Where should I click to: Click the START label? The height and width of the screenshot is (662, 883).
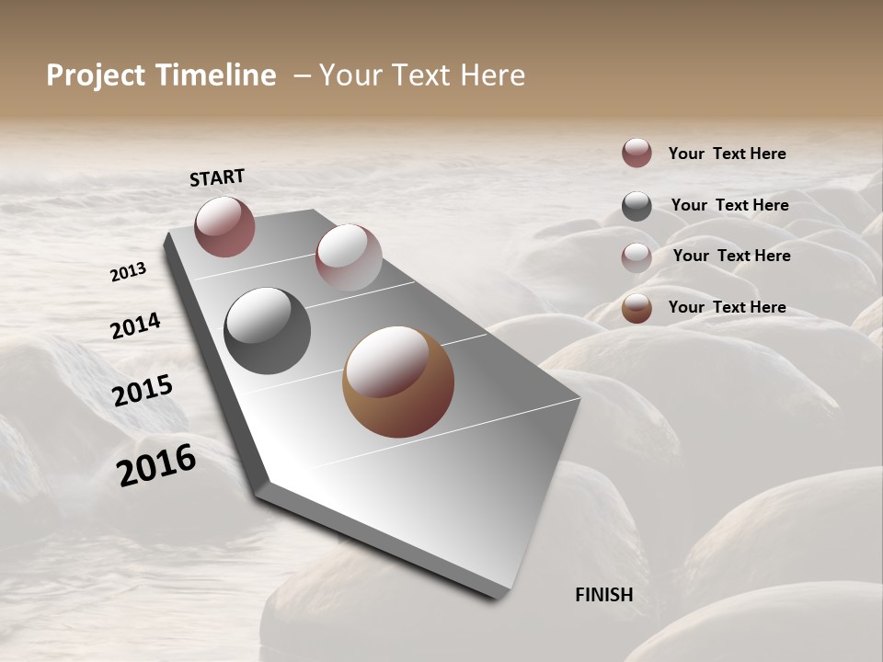217,177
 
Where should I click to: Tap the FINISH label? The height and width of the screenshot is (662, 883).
603,594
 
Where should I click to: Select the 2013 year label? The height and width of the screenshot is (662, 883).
129,271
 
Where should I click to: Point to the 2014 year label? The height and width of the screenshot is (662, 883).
136,325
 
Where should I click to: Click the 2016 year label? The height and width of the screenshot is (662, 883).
156,464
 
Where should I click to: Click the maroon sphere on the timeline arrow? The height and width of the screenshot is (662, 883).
224,226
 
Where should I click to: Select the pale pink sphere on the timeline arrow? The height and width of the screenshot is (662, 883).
349,257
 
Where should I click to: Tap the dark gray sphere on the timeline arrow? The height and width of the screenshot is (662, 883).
267,331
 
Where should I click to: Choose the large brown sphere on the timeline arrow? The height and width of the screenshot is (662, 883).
398,382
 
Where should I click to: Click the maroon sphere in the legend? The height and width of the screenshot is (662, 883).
636,153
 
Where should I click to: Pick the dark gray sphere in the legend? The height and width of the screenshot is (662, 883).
636,206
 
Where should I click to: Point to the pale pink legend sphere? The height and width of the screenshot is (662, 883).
636,257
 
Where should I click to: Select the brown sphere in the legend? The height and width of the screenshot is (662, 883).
636,308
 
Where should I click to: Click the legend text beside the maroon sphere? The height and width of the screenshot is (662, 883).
727,154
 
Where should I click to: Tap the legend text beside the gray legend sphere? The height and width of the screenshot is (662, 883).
729,205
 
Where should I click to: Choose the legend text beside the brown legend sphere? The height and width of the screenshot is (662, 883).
727,307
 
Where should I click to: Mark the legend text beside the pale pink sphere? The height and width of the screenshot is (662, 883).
731,256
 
